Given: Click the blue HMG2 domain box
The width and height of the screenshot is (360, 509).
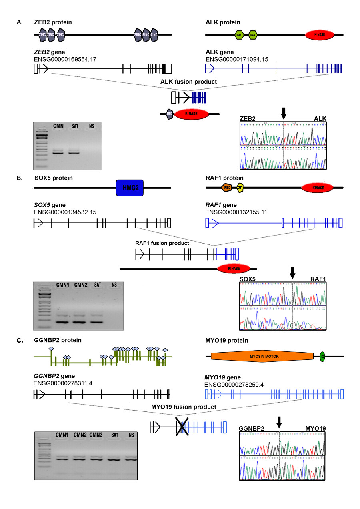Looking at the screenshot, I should tap(130, 188).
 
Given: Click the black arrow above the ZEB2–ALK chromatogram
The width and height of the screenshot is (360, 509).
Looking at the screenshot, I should tap(284, 113).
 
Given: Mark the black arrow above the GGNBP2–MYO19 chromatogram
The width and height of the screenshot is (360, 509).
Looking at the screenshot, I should tap(279, 421).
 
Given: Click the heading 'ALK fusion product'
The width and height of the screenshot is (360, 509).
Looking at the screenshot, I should tap(188, 82).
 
